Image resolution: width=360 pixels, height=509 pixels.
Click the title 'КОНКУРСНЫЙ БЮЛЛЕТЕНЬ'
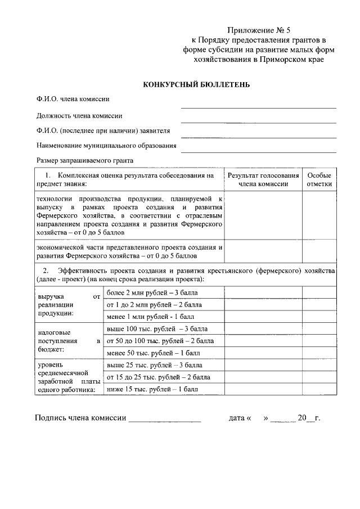[x=196, y=84]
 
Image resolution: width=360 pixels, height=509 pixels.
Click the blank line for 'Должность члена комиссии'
[x=258, y=120]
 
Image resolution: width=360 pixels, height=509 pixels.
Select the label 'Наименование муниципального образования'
[x=106, y=145]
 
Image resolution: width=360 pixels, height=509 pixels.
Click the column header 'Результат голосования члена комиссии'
[x=263, y=179]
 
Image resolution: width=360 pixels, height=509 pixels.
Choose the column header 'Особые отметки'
[x=319, y=179]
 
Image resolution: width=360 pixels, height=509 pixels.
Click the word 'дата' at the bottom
[x=236, y=418]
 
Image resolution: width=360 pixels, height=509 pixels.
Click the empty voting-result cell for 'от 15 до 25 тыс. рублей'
[x=263, y=377]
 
